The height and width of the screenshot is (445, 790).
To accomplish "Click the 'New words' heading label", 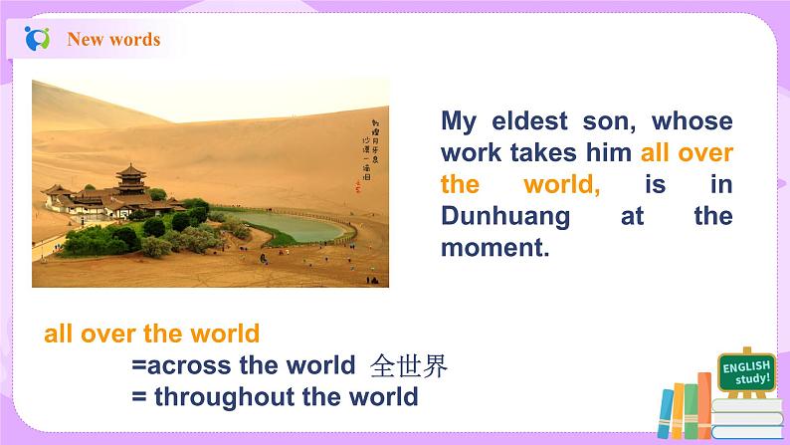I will click(x=112, y=40).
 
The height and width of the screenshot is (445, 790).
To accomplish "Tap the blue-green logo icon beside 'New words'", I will click(x=38, y=40).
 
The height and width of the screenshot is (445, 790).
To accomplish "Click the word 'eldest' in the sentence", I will click(x=537, y=122).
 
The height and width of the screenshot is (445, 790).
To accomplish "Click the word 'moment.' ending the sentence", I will click(x=494, y=248).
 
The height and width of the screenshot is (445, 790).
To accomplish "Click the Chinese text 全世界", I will click(x=408, y=365).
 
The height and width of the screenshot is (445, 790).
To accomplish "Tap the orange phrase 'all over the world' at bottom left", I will click(x=151, y=334).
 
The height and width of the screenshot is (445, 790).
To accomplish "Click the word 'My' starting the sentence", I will click(x=460, y=122).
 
